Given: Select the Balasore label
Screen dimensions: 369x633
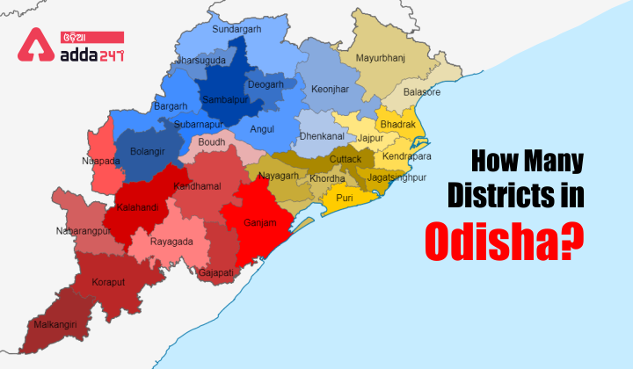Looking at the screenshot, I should (x=423, y=91).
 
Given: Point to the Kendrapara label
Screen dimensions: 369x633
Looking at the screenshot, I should (x=407, y=156).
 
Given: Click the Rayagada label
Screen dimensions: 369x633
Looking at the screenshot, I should (x=172, y=241).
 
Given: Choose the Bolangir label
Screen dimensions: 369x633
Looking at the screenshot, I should (x=147, y=151).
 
